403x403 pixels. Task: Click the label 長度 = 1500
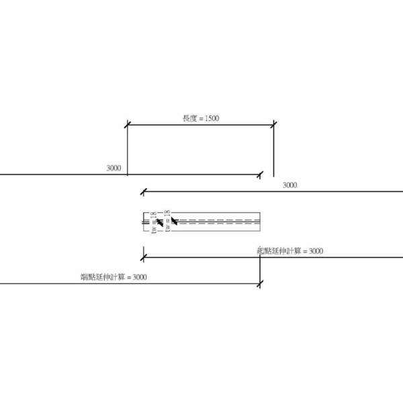[x=201, y=118]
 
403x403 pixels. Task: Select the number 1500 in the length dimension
[x=211, y=118]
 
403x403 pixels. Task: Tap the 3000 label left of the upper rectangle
[x=114, y=168]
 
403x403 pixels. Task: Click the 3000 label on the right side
[x=289, y=185]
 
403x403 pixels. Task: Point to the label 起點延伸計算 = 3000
[x=290, y=251]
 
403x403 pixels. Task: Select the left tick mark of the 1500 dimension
[x=128, y=124]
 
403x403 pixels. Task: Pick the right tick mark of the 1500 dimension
[x=273, y=124]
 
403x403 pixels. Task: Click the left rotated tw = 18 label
[x=153, y=222]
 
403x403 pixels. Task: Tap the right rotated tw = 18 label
[x=167, y=220]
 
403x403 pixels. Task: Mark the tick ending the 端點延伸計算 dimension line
[x=260, y=284]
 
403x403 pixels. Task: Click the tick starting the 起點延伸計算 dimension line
[x=142, y=257]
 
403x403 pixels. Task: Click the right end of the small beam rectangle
[x=260, y=221]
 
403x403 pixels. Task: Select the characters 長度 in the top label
[x=189, y=118]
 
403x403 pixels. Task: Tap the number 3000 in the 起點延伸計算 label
[x=313, y=251]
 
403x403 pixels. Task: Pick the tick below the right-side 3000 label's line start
[x=142, y=192]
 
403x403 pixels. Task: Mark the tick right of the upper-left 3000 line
[x=260, y=175]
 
